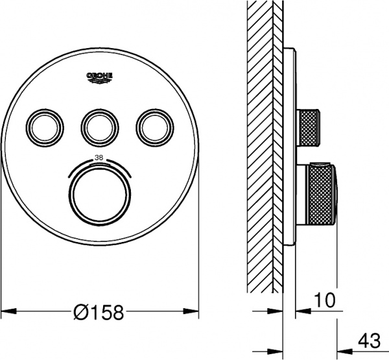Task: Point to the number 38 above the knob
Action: click(x=99, y=158)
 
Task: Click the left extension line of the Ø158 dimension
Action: click(x=1, y=259)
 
